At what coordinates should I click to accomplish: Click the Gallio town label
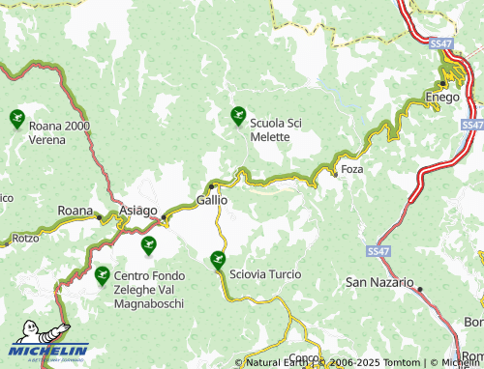211,200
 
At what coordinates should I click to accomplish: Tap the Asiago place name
138,211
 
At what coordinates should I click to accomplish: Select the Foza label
351,171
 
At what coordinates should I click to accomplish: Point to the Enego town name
441,98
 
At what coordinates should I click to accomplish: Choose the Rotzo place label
25,238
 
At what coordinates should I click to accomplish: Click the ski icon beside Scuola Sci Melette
238,118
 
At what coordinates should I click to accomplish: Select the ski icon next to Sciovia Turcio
218,259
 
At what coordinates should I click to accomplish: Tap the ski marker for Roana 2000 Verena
16,120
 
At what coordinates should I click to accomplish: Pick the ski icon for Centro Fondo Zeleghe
103,275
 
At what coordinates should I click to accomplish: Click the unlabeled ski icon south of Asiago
148,246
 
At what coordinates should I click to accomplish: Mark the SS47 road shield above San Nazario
379,249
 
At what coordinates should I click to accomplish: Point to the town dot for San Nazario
420,288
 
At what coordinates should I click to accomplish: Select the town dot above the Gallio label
211,186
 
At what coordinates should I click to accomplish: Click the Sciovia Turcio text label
264,274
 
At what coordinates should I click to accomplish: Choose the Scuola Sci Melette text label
284,130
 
